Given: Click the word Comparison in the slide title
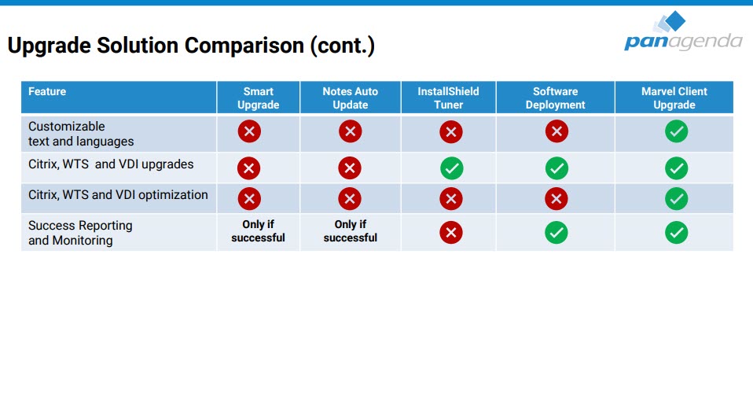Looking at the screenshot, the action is pos(244,46).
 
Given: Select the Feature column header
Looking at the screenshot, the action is pos(47,91).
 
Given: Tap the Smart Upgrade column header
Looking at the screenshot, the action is pos(259,98).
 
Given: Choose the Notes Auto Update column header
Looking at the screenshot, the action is pos(350,98).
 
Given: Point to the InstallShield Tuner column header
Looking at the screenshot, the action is pos(448,98).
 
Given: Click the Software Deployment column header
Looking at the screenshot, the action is pos(555,98).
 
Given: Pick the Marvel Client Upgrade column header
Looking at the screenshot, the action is pos(674,98).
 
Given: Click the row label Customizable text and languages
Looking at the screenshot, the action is pos(81,134).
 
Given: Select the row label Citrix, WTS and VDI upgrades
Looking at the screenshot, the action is pos(111,164).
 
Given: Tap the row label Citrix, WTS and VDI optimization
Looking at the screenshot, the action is pos(118,195).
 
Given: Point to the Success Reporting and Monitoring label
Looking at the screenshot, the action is pos(80,233).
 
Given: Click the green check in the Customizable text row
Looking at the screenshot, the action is pos(676,131).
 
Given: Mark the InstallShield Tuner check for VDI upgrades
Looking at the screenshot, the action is pos(451,168).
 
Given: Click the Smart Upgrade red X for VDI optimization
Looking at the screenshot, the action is pos(249,198).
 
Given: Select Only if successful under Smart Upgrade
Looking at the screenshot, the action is pos(258,231).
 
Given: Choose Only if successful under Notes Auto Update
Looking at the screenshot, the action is pos(350,231).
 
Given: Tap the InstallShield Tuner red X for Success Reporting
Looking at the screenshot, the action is pos(451,233).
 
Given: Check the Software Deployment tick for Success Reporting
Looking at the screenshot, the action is pos(556,233).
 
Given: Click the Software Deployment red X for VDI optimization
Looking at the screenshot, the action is pos(556,198).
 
